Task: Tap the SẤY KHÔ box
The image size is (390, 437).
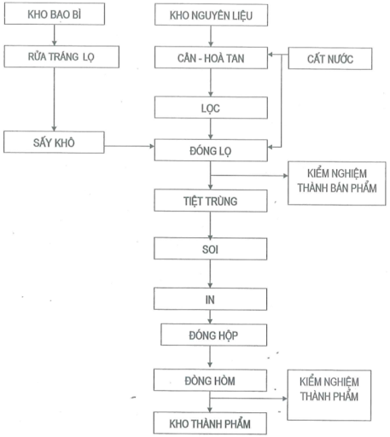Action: (53, 142)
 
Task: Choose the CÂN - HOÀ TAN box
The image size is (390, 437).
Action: (210, 58)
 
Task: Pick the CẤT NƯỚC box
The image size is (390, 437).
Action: (333, 58)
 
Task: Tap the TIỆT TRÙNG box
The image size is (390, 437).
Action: (210, 201)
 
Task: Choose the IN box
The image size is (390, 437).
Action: (210, 299)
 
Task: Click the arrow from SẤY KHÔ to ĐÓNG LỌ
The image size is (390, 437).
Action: (127, 147)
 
